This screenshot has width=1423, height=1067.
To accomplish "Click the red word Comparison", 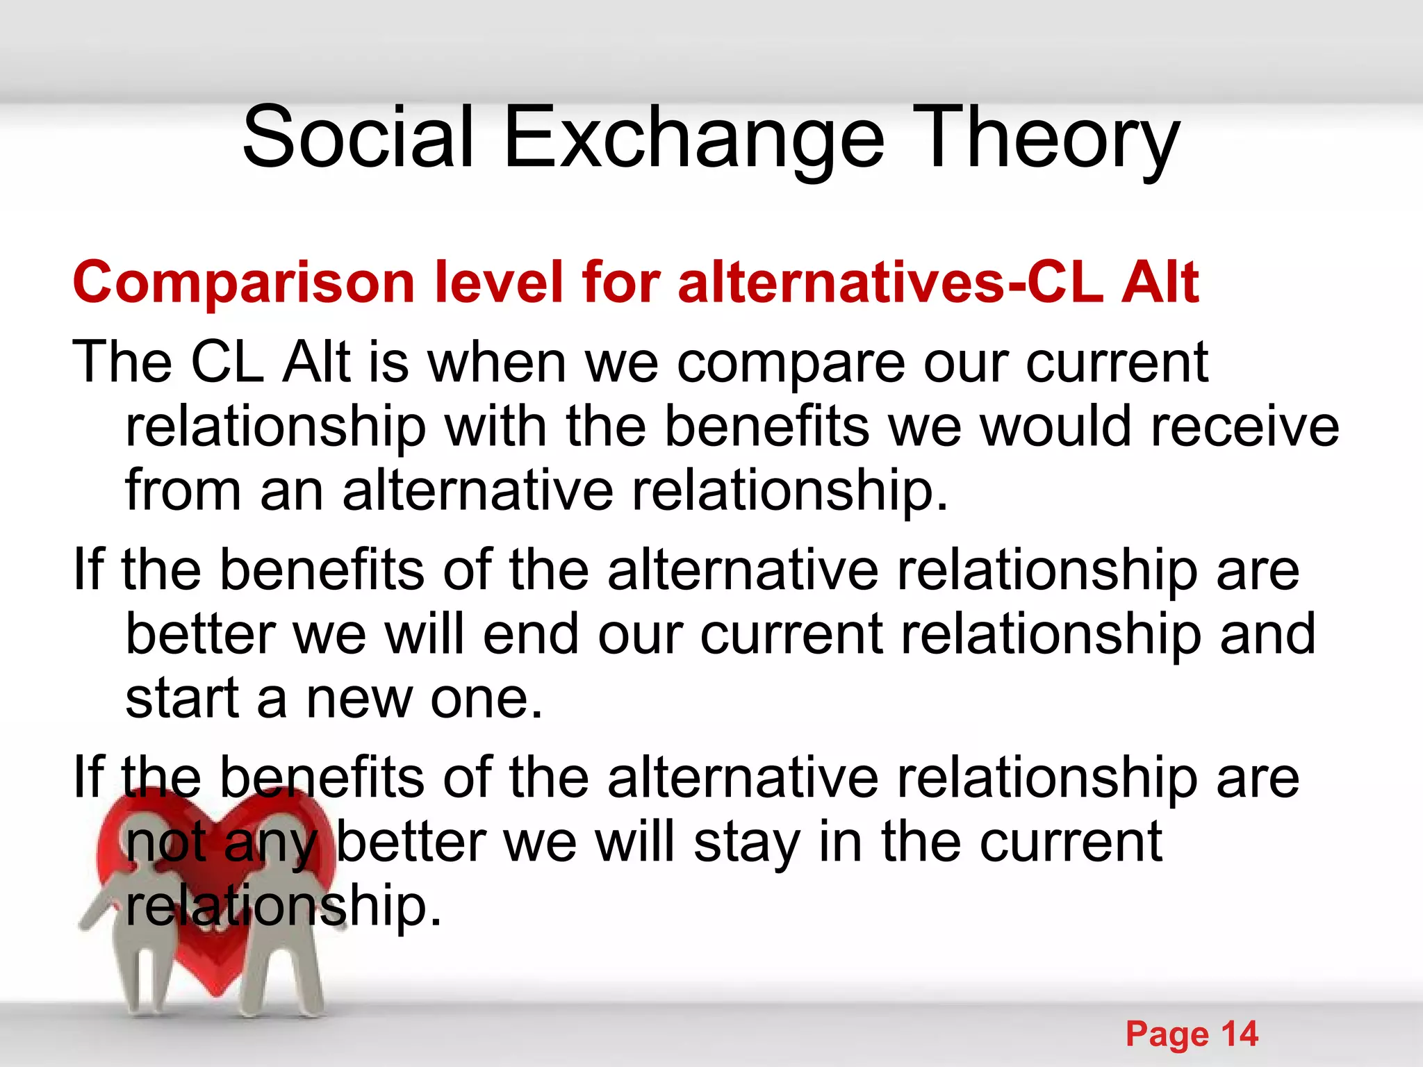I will click(244, 283).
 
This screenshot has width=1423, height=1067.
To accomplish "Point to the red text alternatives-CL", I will click(890, 283).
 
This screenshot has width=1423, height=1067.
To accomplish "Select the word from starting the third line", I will click(183, 490).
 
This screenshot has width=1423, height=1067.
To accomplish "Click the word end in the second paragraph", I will click(531, 634).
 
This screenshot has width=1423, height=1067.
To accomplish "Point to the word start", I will click(182, 699).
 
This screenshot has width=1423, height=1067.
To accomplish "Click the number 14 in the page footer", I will click(1239, 1034).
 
